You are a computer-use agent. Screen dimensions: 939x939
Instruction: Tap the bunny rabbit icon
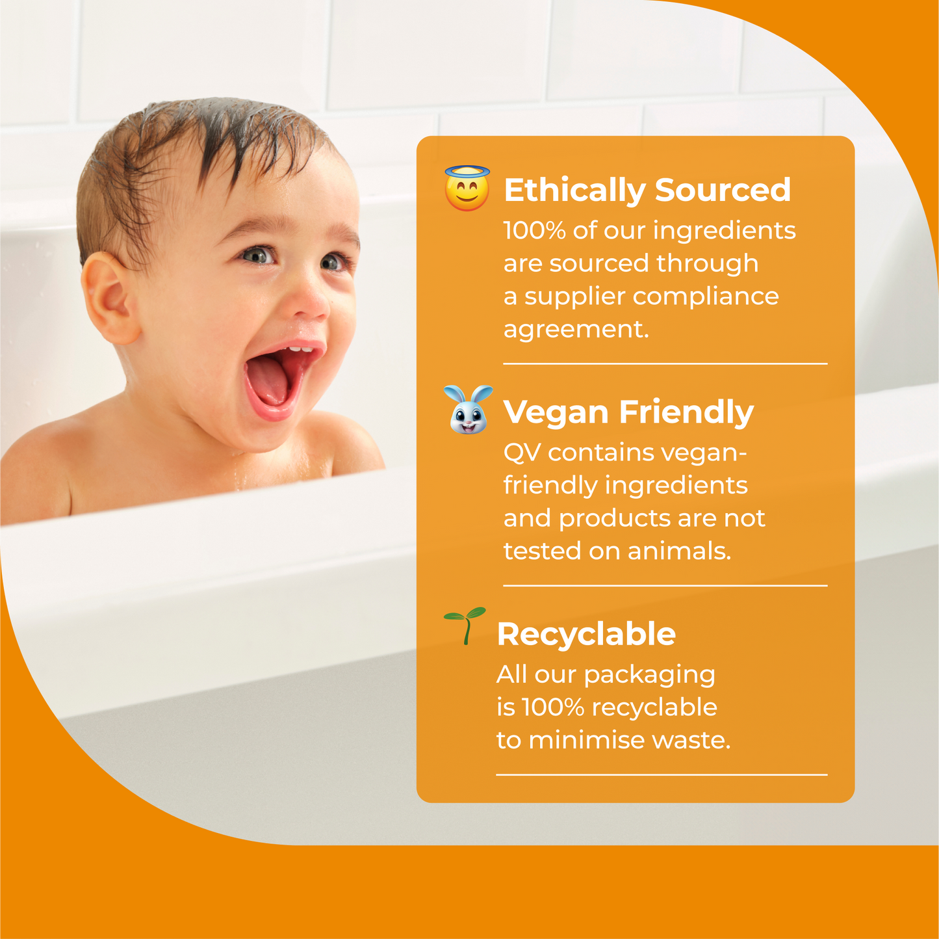tap(468, 410)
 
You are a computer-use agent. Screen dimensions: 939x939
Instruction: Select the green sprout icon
tap(465, 626)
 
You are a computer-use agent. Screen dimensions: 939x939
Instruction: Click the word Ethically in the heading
tap(574, 191)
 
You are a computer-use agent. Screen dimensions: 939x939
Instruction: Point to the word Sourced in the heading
tap(722, 190)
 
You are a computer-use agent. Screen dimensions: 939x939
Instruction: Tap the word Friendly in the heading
tap(686, 412)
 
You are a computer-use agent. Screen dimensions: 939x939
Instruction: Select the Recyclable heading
tap(585, 634)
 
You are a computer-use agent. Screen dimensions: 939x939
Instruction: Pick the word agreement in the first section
tap(576, 330)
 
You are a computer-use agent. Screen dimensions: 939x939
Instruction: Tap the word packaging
tap(649, 675)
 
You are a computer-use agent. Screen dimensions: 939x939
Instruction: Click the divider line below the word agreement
tap(665, 364)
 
